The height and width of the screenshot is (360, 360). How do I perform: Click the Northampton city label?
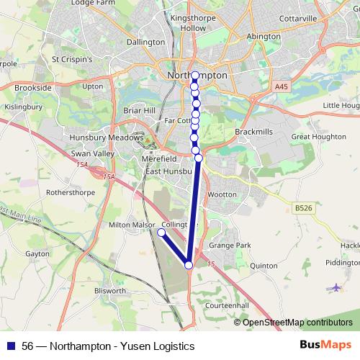[197, 75]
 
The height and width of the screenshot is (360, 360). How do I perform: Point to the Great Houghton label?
[313, 136]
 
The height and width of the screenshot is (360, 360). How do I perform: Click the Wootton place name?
[221, 194]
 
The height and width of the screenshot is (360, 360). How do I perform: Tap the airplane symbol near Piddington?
[336, 288]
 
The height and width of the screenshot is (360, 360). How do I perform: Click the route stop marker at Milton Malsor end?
[161, 233]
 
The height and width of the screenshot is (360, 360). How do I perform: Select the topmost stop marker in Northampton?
[195, 75]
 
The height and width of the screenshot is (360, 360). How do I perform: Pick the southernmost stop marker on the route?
[189, 265]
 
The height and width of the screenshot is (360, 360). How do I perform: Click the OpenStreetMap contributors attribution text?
[297, 322]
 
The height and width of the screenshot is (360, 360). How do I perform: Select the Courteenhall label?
[227, 305]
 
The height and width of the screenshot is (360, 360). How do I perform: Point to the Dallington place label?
[145, 42]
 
